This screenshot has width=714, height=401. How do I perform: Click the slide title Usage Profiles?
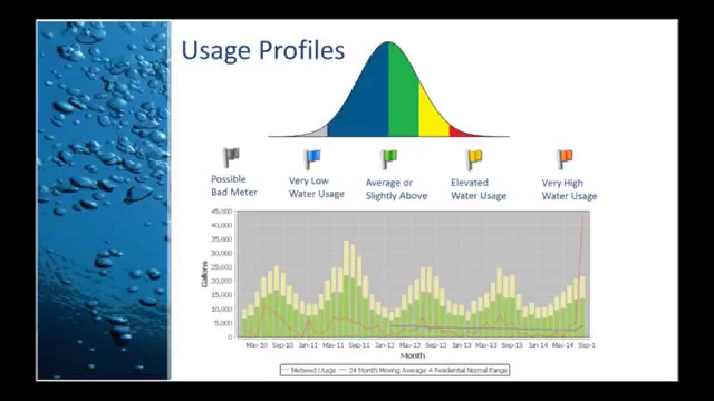[x=263, y=50]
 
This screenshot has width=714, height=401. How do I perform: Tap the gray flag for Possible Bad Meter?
[x=230, y=158]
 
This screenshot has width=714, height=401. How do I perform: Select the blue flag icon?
[x=312, y=159]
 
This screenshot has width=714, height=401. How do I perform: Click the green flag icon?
[x=388, y=159]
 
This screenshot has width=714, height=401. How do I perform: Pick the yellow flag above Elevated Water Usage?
[x=474, y=159]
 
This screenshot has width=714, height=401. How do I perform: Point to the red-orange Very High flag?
[x=565, y=159]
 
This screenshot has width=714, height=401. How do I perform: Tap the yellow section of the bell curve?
[x=432, y=114]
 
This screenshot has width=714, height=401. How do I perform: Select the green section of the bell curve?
[x=403, y=95]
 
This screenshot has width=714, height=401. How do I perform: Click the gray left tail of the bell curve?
[x=320, y=133]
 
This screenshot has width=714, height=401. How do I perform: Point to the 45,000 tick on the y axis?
[x=221, y=212]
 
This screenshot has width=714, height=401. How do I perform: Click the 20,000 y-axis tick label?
[x=221, y=281]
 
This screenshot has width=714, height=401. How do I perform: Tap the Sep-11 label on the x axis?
[x=359, y=345]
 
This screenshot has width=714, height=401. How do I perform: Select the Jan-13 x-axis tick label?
[x=461, y=345]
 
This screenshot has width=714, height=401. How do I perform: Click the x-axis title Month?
[x=412, y=355]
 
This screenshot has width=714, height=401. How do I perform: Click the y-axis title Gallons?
[x=205, y=275]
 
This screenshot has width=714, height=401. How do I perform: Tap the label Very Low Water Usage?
[x=316, y=188]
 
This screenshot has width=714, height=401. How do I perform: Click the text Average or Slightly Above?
[x=396, y=189]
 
